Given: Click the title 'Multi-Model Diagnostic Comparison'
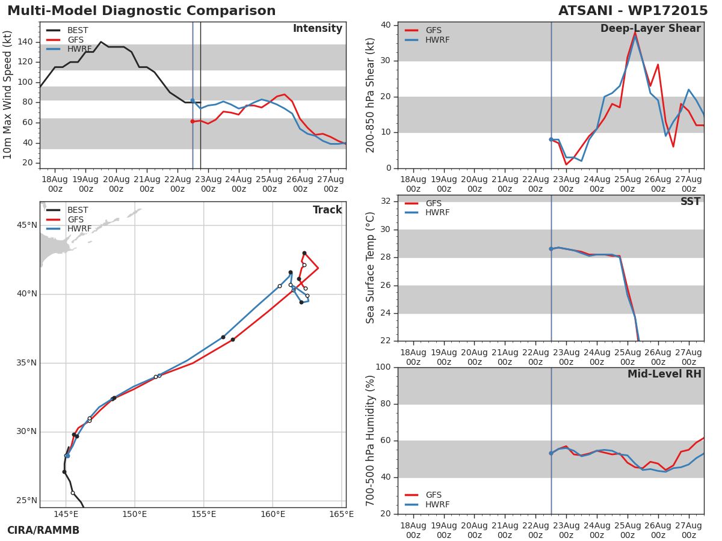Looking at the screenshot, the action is click(141, 11).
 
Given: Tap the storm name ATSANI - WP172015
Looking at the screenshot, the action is click(633, 11).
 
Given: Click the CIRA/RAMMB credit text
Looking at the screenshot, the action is click(43, 530).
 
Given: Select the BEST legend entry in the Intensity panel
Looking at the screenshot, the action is click(67, 30).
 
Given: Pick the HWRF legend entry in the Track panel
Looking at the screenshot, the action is click(69, 228).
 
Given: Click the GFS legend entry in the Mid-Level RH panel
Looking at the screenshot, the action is click(424, 495).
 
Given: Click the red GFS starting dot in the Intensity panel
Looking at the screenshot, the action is click(193, 121).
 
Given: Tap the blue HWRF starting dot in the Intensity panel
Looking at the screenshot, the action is click(193, 100).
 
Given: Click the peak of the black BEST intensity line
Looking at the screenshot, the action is click(100, 41).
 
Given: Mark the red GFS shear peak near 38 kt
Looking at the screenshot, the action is click(635, 32).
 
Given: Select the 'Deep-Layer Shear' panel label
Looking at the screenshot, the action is click(650, 29).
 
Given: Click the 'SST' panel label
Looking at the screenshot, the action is click(691, 201).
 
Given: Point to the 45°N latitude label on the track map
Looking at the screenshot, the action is click(27, 225).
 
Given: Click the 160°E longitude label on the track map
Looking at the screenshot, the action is click(273, 514).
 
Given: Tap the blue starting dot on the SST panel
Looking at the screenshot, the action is click(551, 249).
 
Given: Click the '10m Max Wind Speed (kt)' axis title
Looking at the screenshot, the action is click(7, 95).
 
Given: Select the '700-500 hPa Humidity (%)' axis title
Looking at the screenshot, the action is click(370, 441).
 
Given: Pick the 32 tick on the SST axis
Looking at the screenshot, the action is click(386, 201).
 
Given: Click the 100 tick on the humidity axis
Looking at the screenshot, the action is click(383, 367).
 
